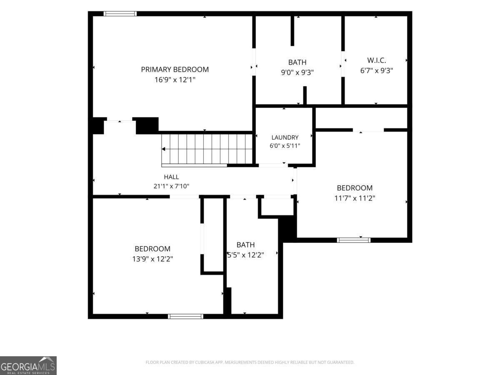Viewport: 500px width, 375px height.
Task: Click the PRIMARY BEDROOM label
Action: click(x=175, y=70)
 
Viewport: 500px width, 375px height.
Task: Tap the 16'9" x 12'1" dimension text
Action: click(x=175, y=80)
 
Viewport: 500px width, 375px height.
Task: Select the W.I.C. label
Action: click(x=377, y=60)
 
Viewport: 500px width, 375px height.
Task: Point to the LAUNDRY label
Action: click(x=285, y=137)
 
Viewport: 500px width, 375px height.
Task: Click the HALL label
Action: click(x=171, y=177)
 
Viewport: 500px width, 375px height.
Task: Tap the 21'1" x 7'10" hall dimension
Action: click(x=171, y=186)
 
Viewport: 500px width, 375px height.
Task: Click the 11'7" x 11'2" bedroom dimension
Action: click(x=355, y=198)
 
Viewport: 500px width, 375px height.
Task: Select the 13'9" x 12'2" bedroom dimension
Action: click(x=152, y=259)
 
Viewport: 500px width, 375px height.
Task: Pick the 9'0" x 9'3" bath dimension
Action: click(x=297, y=72)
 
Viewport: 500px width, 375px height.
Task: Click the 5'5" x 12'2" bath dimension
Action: click(x=245, y=255)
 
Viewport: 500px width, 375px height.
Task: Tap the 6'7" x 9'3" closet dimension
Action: click(x=377, y=70)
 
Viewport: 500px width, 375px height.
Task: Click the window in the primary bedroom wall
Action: click(x=120, y=14)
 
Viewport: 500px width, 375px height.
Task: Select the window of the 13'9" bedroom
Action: click(x=185, y=316)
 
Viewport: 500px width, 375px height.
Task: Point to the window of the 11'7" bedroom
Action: click(x=353, y=240)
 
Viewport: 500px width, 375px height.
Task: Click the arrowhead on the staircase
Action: click(x=163, y=149)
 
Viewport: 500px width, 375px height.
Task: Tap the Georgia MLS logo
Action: click(x=28, y=365)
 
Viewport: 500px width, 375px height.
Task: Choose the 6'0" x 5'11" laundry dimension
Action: click(x=285, y=146)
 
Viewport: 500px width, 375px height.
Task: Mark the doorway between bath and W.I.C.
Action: click(x=343, y=64)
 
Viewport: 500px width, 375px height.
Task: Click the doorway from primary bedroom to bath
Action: click(x=254, y=62)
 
